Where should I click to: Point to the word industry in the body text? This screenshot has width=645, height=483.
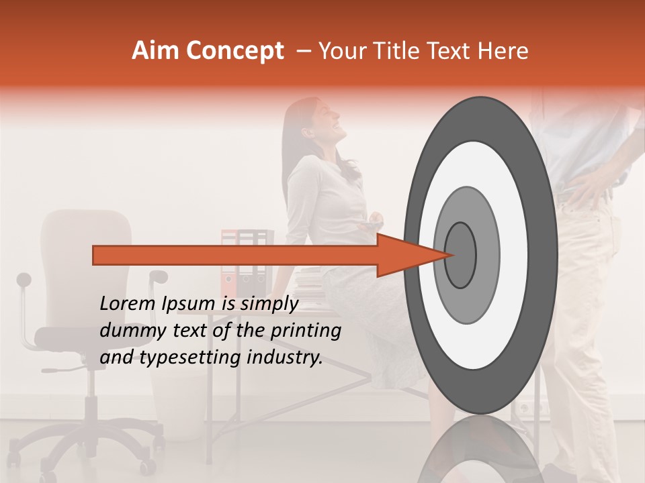coord(285,358)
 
